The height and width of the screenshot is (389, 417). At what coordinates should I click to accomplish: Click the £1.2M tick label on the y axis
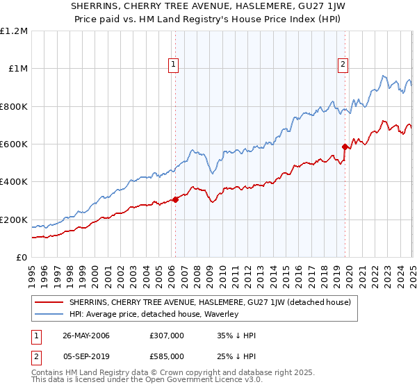point(14,31)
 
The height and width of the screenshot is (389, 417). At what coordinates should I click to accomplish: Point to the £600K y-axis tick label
point(14,144)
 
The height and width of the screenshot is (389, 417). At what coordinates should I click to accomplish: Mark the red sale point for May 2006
point(175,199)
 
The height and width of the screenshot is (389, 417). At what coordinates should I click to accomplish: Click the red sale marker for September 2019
point(345,147)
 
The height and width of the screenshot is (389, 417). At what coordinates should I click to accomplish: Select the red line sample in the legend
point(50,303)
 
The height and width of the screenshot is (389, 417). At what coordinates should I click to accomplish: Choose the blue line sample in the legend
point(50,315)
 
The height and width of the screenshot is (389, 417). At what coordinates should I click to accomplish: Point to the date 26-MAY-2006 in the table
point(86,336)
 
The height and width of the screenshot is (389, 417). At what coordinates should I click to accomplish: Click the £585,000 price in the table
point(167,356)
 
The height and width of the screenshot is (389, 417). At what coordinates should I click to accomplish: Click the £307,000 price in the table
point(167,336)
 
